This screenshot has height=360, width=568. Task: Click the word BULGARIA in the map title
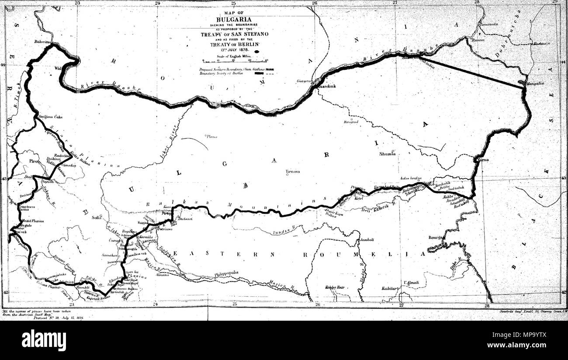point(233,19)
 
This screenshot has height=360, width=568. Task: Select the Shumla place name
point(388,154)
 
